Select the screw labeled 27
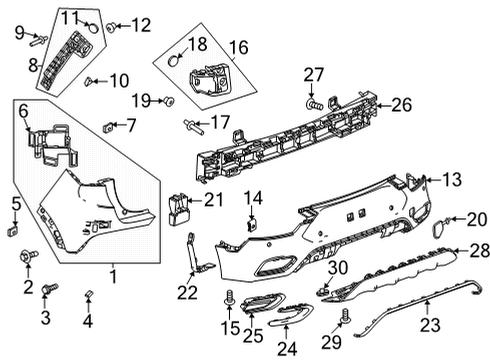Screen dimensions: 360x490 pos(314,102)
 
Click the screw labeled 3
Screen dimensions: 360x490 pos(51,288)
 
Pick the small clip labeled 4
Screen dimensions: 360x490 pos(88,292)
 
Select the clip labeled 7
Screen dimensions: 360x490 pos(107,125)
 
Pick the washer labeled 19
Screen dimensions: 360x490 pos(166,100)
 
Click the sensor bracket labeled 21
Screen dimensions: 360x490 pos(181,203)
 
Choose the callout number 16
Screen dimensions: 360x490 pos(238,47)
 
